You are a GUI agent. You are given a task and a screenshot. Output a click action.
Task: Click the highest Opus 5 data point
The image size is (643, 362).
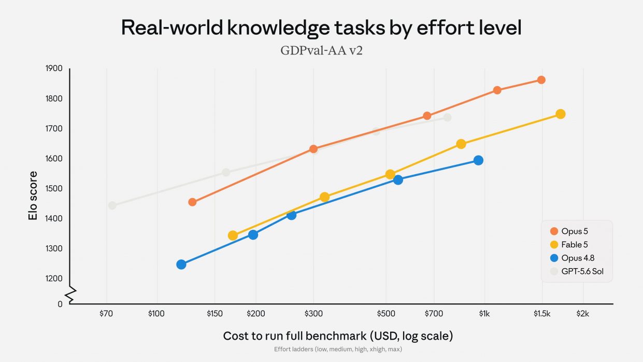[541, 80]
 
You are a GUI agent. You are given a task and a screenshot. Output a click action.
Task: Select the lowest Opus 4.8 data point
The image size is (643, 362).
[181, 264]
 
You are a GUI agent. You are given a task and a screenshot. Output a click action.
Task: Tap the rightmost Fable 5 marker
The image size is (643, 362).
[560, 114]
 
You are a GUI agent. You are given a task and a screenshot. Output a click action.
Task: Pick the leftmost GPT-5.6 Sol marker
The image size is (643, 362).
[112, 205]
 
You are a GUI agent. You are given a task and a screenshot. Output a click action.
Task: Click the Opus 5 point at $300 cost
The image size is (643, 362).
[313, 149]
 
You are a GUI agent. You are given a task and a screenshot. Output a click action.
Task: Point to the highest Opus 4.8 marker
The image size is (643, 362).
[478, 160]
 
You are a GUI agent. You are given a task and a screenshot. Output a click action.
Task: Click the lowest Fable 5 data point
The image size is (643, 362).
[233, 235]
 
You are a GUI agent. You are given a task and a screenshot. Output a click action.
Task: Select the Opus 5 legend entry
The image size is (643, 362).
[569, 231]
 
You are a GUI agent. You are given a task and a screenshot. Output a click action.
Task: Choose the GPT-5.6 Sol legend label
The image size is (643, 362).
[582, 271]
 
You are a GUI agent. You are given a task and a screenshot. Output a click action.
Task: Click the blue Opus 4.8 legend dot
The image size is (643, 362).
[554, 258]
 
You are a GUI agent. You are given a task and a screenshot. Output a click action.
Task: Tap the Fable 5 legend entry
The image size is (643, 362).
[569, 244]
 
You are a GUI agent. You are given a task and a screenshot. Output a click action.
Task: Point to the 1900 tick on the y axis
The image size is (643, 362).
[54, 68]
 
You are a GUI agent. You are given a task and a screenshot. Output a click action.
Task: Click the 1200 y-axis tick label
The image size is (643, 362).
[54, 279]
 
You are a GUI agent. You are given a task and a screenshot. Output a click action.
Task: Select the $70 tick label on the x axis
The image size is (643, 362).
[106, 313]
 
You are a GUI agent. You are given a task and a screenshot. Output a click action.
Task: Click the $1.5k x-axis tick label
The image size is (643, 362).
[542, 313]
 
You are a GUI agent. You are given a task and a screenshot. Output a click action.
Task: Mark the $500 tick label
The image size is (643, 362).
[386, 313]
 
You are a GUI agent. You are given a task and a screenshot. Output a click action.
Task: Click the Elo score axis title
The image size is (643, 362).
[33, 196]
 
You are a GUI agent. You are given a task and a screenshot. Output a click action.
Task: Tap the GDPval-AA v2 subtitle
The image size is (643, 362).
[321, 50]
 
